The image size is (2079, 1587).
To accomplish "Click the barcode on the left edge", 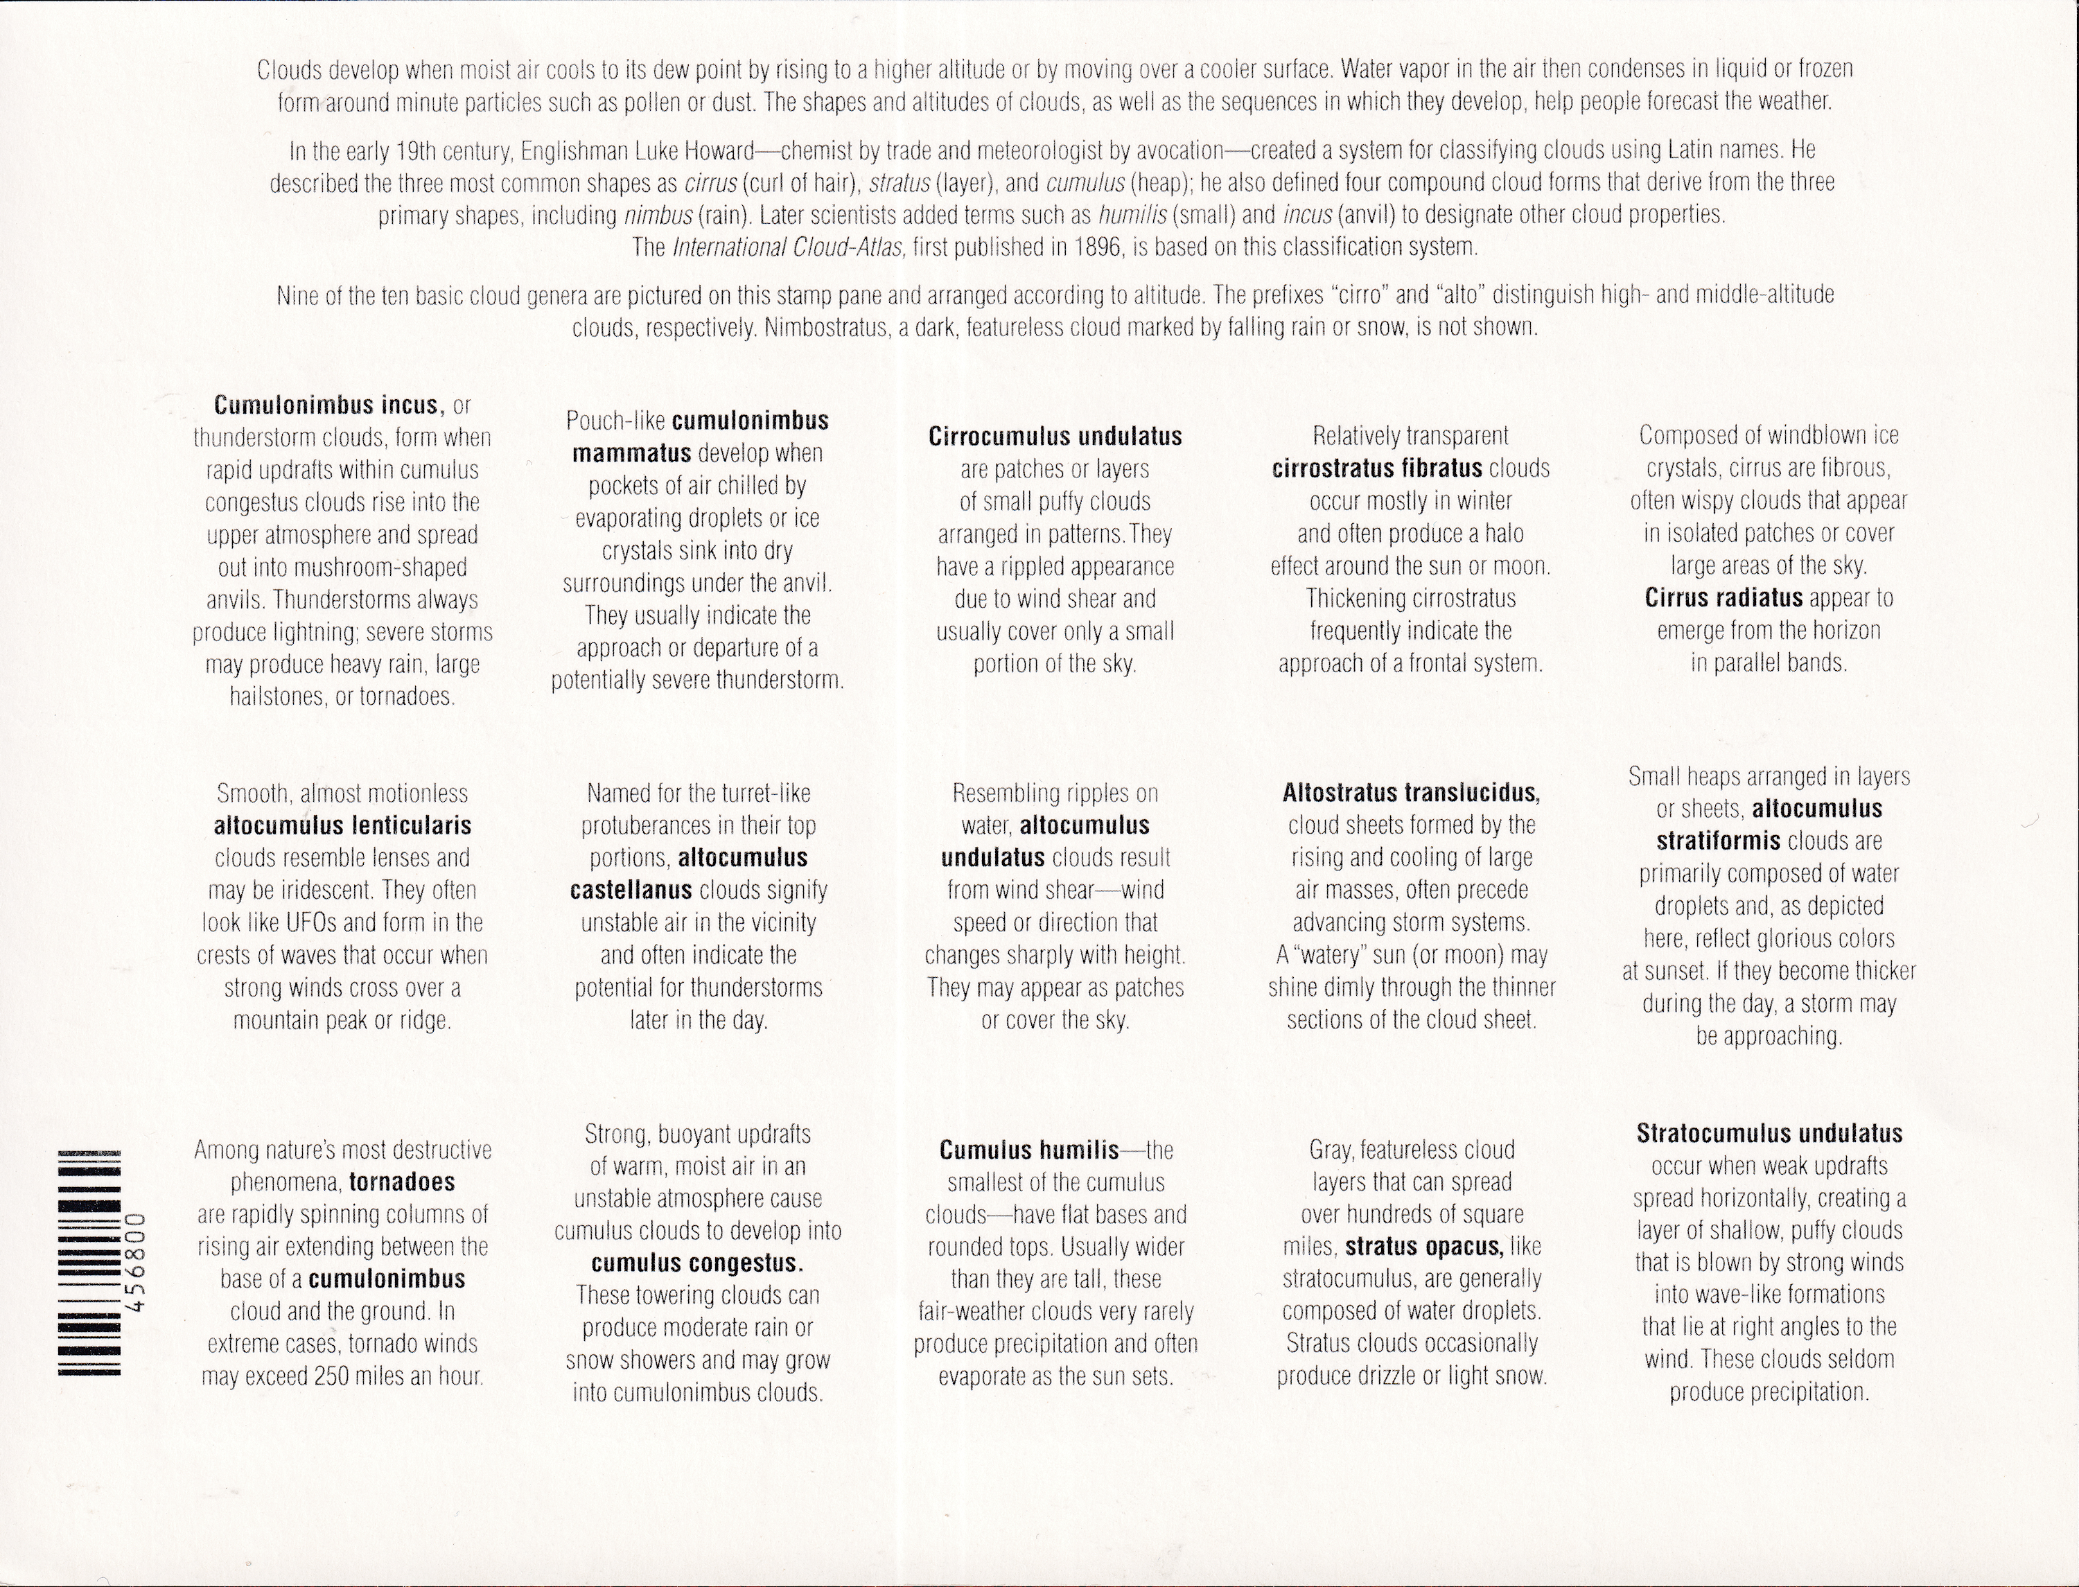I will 89,1263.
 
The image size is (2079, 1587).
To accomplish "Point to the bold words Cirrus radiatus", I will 1723,598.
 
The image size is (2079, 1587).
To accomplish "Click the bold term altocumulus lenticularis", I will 342,825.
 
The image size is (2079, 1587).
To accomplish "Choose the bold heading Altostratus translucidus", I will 1410,793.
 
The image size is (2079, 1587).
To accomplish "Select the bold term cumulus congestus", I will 697,1263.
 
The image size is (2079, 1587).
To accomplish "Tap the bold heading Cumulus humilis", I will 1028,1150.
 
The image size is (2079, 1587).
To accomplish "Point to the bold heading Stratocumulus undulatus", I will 1769,1134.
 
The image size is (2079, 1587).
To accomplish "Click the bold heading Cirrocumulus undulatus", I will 1055,437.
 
